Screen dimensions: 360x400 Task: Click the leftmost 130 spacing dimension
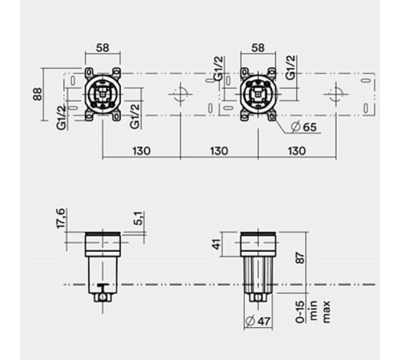pyautogui.click(x=142, y=150)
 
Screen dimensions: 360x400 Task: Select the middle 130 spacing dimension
pyautogui.click(x=219, y=150)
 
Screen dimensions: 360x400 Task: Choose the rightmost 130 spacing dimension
pyautogui.click(x=296, y=150)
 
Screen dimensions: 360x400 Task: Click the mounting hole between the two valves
pyautogui.click(x=181, y=94)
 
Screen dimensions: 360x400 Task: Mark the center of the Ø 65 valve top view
pyautogui.click(x=258, y=94)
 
